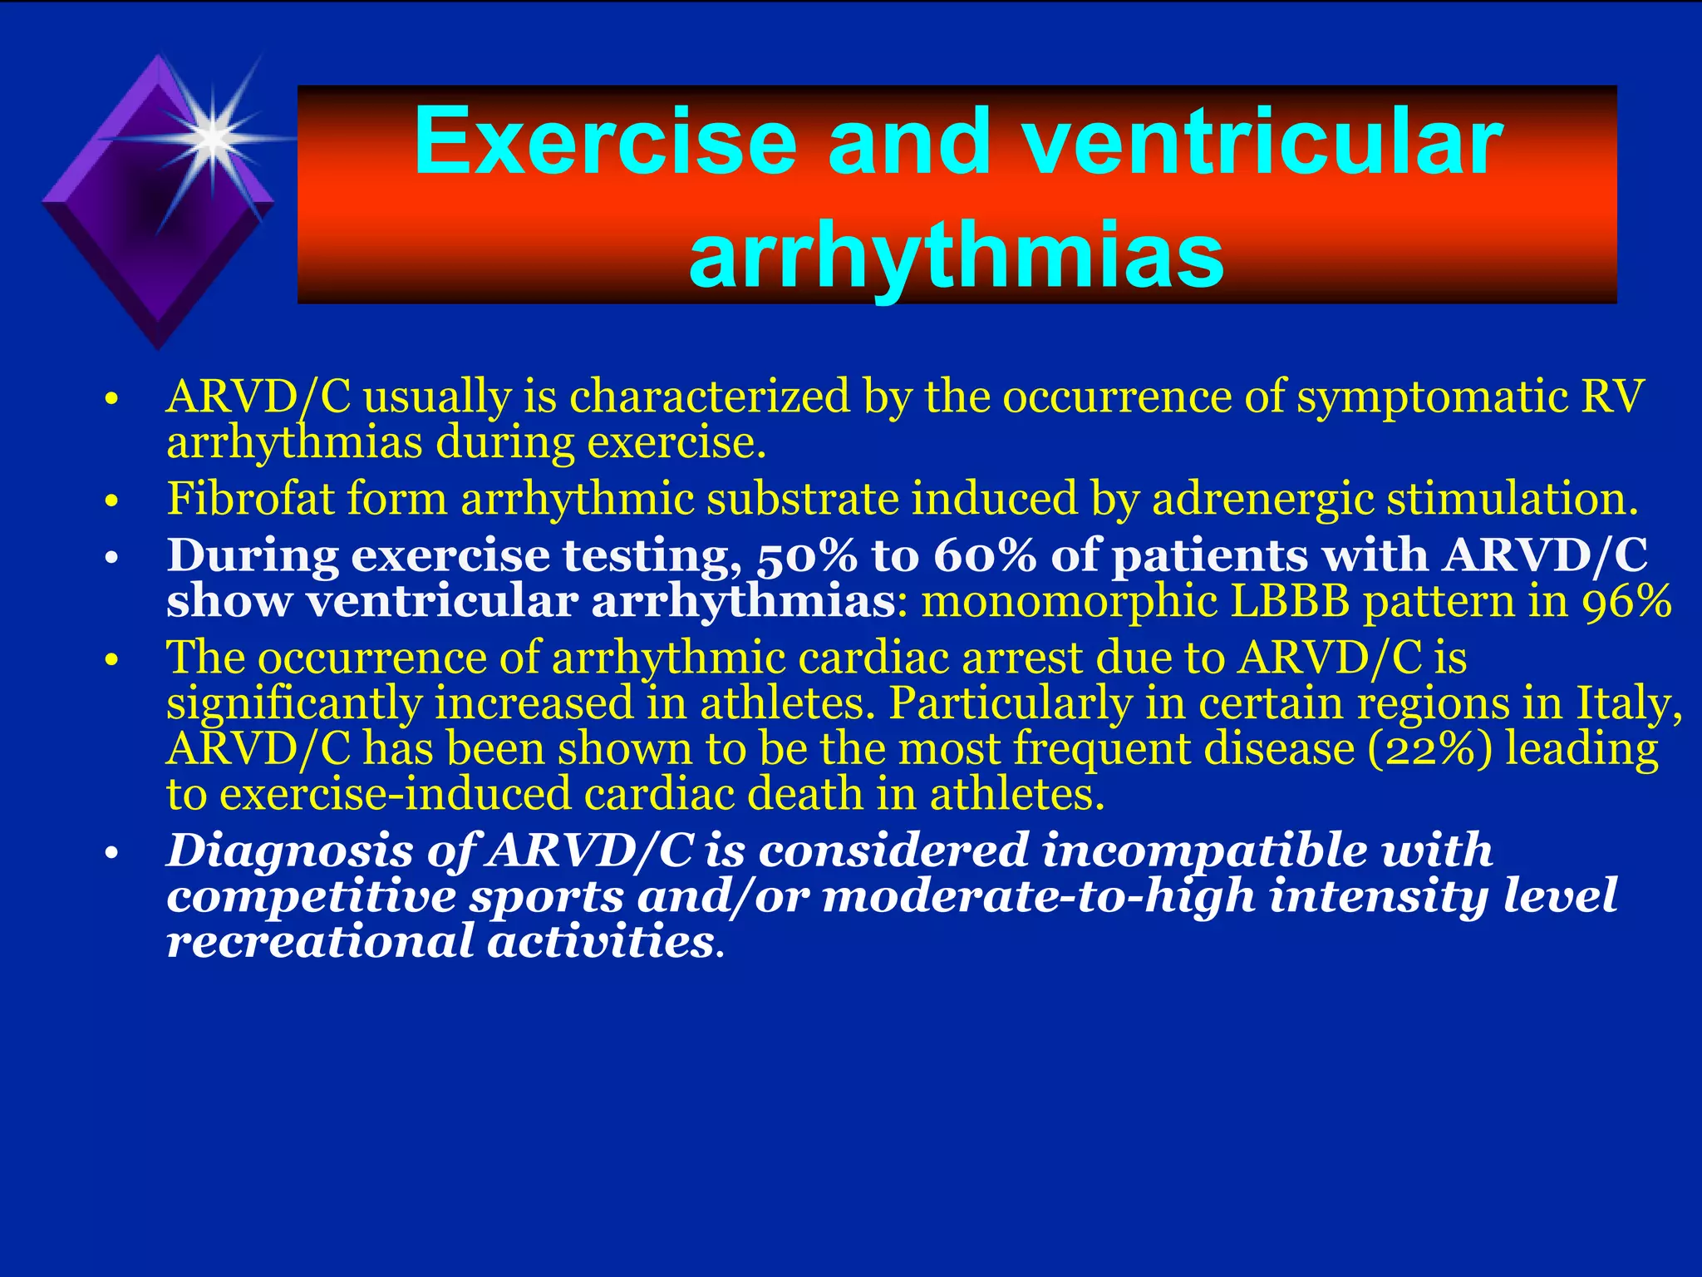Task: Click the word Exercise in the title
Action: click(605, 143)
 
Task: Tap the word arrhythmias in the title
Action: click(956, 253)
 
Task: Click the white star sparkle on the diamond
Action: click(214, 136)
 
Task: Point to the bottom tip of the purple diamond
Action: click(158, 346)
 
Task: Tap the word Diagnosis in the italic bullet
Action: click(289, 851)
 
